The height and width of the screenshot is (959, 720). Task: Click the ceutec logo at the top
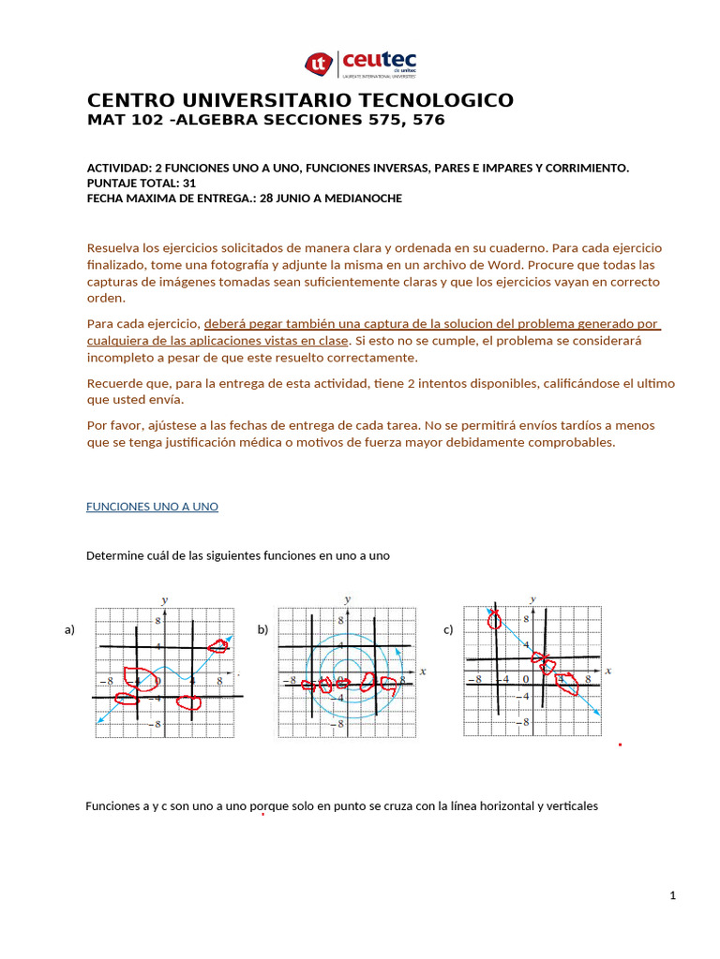[360, 64]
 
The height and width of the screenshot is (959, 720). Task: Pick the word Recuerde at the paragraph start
[113, 384]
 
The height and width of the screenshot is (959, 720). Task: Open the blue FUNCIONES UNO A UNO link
[152, 507]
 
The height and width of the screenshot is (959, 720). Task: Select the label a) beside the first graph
[69, 630]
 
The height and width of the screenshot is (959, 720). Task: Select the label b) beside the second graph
[262, 630]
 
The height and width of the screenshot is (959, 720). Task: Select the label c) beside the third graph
[448, 630]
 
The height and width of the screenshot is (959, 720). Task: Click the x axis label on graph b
[423, 671]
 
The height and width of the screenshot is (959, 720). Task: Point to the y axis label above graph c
[533, 598]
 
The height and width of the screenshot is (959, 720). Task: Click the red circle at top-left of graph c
[494, 619]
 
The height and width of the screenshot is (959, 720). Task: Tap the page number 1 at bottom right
[672, 896]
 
